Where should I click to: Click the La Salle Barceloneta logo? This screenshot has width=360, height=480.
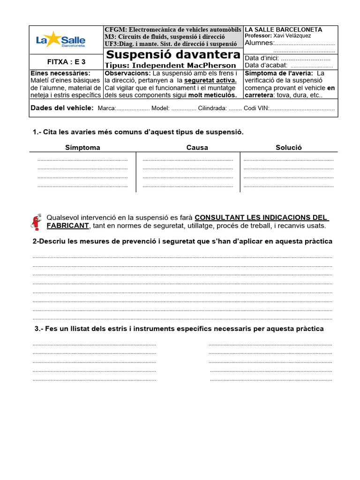tap(60, 40)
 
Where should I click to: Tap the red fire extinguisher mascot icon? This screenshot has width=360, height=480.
tap(35, 221)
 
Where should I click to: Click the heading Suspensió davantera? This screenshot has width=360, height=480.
tap(172, 54)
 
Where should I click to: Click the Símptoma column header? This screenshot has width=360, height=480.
tap(82, 148)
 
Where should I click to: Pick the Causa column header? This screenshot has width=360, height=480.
tap(197, 148)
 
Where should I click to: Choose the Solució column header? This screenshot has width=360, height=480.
tap(289, 148)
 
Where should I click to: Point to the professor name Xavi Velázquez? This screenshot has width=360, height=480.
tap(292, 36)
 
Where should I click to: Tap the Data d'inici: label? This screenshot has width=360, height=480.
tap(262, 59)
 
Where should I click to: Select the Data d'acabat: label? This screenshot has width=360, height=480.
tap(266, 66)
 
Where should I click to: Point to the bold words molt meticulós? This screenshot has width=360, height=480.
tap(212, 95)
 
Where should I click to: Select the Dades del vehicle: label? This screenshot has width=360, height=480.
tap(62, 108)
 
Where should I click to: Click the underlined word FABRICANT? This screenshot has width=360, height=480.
tap(67, 226)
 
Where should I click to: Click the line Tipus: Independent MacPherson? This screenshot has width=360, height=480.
tap(171, 66)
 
